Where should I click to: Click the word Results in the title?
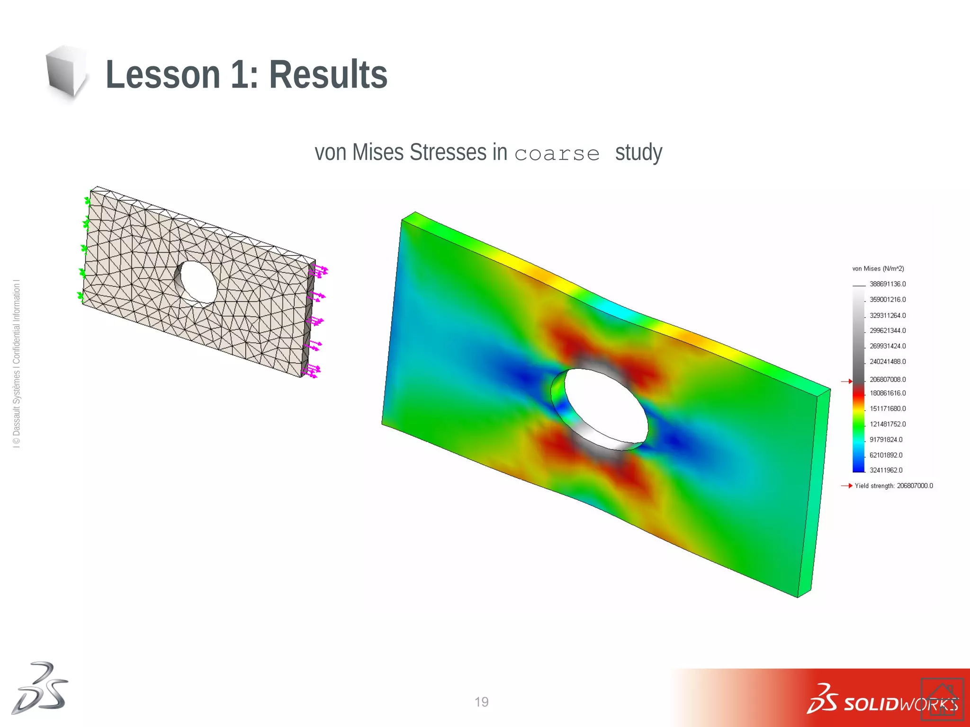click(x=328, y=75)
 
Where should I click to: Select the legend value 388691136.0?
click(x=887, y=284)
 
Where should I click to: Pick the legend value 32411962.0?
click(x=886, y=470)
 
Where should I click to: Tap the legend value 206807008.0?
click(x=887, y=380)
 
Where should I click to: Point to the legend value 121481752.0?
click(x=887, y=424)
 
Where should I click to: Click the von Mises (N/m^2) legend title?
click(x=878, y=269)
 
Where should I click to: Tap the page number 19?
click(x=481, y=702)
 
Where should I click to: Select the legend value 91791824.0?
click(x=886, y=440)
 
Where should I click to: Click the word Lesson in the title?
click(x=162, y=75)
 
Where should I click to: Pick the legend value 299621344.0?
click(x=887, y=330)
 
